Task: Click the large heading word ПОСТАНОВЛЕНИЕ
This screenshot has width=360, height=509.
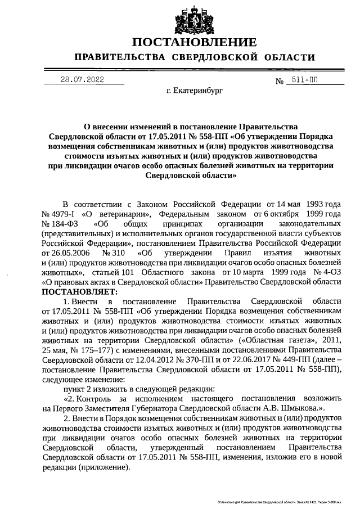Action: pos(195,42)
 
